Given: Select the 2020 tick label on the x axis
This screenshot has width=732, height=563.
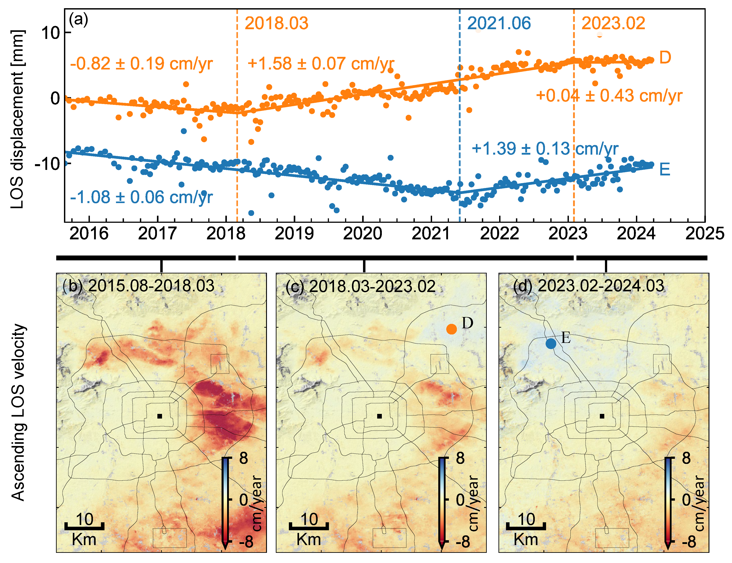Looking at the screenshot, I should (x=363, y=233).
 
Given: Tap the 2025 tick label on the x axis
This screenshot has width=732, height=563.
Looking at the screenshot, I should (x=705, y=233).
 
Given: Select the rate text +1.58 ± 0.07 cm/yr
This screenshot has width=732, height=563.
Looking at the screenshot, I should (x=321, y=64).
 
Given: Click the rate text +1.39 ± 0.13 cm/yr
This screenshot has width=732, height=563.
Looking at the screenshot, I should (x=545, y=149).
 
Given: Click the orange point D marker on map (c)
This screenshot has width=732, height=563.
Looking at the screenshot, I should (x=452, y=329).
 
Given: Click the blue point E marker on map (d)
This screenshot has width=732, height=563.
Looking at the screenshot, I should (x=551, y=344).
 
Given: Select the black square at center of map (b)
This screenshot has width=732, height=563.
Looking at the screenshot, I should (x=160, y=416).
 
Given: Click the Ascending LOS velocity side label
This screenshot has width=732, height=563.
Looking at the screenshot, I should (x=18, y=413).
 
